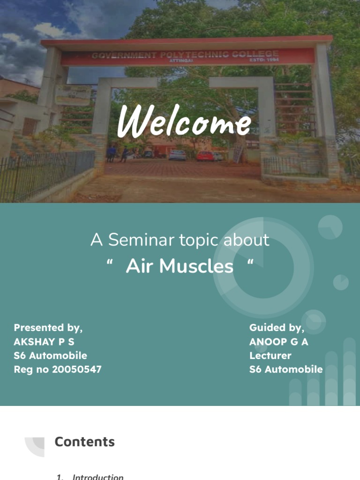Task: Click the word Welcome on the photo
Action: (x=184, y=123)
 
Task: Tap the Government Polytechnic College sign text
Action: (x=185, y=55)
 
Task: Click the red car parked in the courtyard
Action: (x=205, y=156)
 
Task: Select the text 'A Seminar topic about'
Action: (x=180, y=240)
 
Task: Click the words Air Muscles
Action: (x=180, y=266)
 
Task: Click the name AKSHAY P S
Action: (x=44, y=342)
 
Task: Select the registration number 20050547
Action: (x=77, y=369)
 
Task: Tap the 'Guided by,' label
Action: (x=277, y=327)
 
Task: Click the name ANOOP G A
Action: (x=278, y=342)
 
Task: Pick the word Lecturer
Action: (x=270, y=355)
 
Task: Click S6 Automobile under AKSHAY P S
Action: (x=50, y=355)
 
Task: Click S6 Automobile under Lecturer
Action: (x=286, y=369)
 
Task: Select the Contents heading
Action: (x=84, y=442)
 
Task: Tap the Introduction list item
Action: (x=98, y=477)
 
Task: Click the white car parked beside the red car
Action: (x=178, y=155)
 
